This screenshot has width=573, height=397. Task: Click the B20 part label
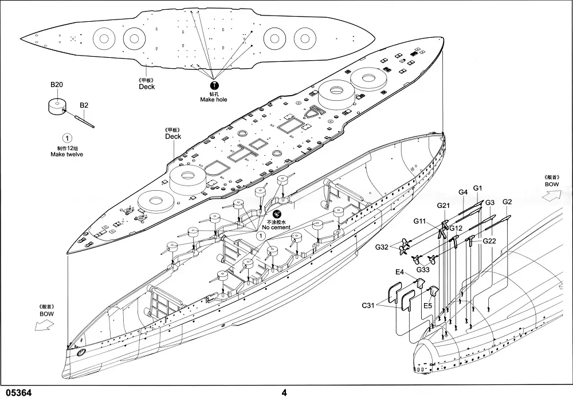[x=57, y=85]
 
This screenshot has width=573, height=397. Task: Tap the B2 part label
[x=84, y=105]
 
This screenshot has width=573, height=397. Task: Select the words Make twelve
[x=67, y=155]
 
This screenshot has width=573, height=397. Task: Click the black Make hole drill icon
[x=214, y=85]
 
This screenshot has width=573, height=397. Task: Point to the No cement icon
[x=277, y=215]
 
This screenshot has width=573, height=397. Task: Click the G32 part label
[x=382, y=247]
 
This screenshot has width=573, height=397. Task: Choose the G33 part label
[x=423, y=270]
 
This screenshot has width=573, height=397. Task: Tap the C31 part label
[x=368, y=305]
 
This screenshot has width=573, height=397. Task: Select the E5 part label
[x=427, y=305]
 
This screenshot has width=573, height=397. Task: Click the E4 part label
[x=400, y=272]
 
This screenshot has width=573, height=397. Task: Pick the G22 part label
[x=490, y=241]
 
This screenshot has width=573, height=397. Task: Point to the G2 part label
[x=507, y=202]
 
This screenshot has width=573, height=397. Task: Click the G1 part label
[x=478, y=188]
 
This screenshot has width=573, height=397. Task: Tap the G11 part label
[x=420, y=221]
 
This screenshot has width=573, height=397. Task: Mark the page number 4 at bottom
[x=284, y=392]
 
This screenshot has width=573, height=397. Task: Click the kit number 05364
[x=17, y=392]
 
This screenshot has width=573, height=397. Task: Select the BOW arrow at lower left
[x=45, y=325]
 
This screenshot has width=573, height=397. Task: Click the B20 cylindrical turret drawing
[x=57, y=107]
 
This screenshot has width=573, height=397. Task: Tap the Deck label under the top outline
[x=147, y=87]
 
